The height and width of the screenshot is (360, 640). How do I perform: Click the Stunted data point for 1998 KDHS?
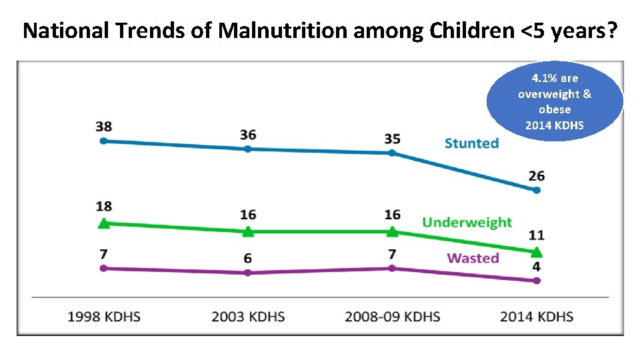point(103,141)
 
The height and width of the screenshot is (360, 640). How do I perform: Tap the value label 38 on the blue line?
point(103,126)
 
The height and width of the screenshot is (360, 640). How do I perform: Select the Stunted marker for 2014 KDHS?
point(537,190)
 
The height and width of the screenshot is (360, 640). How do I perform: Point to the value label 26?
point(536,176)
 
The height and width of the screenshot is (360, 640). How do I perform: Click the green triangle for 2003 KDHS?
point(248,231)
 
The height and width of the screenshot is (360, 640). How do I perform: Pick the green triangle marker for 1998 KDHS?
point(103,223)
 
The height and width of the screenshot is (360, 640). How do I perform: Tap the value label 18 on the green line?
point(103,206)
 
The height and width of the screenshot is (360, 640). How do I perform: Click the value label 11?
point(536,235)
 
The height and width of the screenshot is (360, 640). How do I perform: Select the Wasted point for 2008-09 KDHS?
point(392,268)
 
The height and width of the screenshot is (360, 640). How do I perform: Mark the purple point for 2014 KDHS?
point(537,281)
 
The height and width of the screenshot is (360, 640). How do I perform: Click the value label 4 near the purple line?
point(536,267)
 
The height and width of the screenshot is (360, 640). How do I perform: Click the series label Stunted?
point(471,143)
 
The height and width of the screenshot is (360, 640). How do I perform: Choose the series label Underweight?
point(467,222)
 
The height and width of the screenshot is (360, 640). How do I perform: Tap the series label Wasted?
point(473,258)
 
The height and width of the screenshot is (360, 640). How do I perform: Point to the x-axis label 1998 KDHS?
point(104,317)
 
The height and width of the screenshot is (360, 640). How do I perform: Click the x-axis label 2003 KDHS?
point(248,317)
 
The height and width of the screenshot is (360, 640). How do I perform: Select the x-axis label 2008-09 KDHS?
point(392,317)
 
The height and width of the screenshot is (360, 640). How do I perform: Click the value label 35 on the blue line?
point(392,139)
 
